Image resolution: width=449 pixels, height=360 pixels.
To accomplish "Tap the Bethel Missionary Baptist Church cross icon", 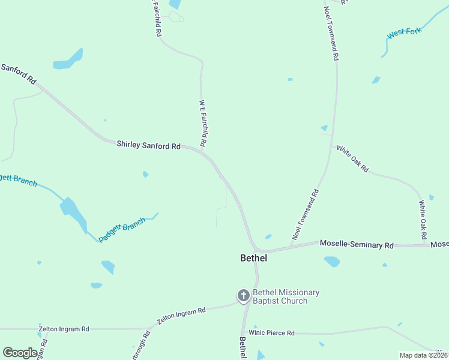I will click(244, 295).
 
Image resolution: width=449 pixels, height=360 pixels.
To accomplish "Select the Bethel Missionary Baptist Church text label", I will click(286, 296).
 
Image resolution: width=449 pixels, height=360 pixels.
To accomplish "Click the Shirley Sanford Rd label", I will click(148, 145).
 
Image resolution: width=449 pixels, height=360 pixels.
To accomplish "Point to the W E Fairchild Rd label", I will click(203, 123).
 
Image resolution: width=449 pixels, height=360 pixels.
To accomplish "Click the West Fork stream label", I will click(405, 32).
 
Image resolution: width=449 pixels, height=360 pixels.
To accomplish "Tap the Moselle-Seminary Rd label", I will click(357, 245).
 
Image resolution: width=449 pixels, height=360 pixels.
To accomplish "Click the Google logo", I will click(20, 353).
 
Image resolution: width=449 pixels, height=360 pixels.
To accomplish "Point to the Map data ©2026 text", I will click(423, 355).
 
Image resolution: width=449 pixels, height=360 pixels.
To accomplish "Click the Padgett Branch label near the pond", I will click(122, 230).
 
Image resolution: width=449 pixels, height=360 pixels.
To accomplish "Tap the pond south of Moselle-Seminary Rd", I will click(331, 261).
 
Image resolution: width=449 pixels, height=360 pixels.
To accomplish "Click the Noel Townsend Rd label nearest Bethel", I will click(306, 214).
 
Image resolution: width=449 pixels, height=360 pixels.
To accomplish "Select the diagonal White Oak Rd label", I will click(352, 159).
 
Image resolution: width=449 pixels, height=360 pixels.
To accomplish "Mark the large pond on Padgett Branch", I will click(70, 208).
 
